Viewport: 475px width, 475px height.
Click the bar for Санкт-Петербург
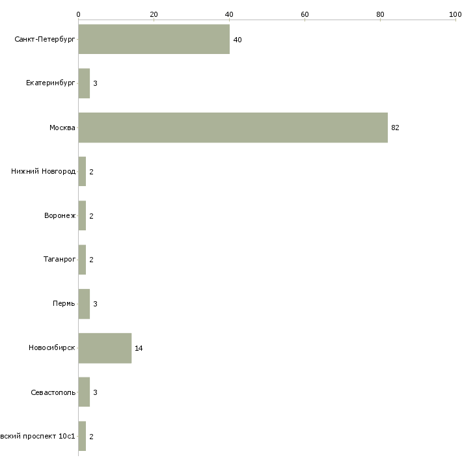point(154,40)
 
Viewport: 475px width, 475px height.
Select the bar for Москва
point(233,128)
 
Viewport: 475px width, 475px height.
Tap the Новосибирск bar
point(105,348)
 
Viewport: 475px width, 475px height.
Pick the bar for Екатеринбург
point(84,83)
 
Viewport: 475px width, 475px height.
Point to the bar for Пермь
point(84,304)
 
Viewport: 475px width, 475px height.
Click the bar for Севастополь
point(84,392)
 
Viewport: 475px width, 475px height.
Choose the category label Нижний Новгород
point(44,172)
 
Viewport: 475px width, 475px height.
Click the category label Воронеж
point(60,216)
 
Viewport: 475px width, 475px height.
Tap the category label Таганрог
point(59,260)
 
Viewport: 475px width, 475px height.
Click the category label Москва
point(62,128)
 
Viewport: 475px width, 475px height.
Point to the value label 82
point(395,128)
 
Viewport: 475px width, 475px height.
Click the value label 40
point(238,40)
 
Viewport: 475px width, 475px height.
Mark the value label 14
point(139,348)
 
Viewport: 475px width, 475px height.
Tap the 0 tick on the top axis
point(78,14)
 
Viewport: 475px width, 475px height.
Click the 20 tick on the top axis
point(154,14)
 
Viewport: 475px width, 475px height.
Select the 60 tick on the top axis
point(305,14)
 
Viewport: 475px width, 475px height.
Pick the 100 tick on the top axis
point(455,14)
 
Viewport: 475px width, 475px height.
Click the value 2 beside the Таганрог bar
point(91,260)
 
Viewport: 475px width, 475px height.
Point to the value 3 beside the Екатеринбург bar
point(95,83)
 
